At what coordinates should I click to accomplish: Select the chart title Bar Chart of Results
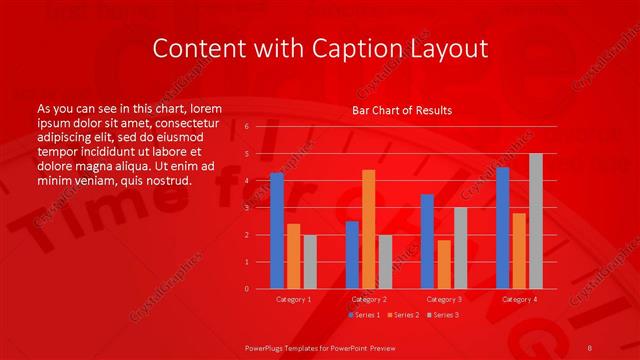pyautogui.click(x=402, y=110)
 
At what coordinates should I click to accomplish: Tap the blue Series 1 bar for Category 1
pyautogui.click(x=277, y=231)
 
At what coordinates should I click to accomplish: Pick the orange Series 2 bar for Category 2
pyautogui.click(x=368, y=229)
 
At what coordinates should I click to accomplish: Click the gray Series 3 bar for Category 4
pyautogui.click(x=536, y=221)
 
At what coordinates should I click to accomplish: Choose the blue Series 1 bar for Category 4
pyautogui.click(x=502, y=228)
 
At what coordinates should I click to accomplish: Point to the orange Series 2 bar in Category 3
pyautogui.click(x=444, y=264)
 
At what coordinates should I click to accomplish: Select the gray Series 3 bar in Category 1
pyautogui.click(x=310, y=262)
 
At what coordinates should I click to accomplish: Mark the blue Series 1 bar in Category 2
pyautogui.click(x=352, y=255)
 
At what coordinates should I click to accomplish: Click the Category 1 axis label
pyautogui.click(x=294, y=299)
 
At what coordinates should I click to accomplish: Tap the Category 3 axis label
pyautogui.click(x=444, y=299)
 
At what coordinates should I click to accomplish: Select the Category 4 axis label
pyautogui.click(x=519, y=299)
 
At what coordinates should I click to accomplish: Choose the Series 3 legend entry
pyautogui.click(x=443, y=315)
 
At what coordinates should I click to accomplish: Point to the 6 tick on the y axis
pyautogui.click(x=246, y=128)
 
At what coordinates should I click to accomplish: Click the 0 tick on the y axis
pyautogui.click(x=246, y=289)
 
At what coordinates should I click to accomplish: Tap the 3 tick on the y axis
pyautogui.click(x=246, y=208)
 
